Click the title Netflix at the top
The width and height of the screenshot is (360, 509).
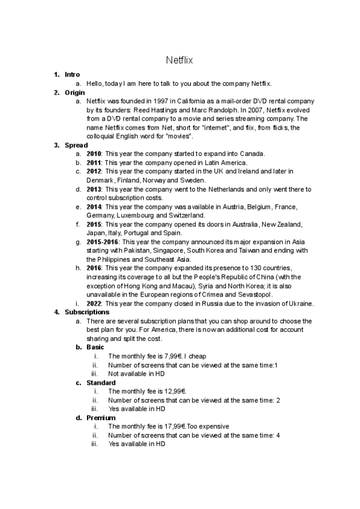click(179, 60)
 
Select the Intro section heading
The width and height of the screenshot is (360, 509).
click(72, 75)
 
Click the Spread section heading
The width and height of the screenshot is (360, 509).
click(76, 145)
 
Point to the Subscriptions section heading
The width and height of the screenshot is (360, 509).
click(87, 312)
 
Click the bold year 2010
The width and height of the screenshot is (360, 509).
click(94, 154)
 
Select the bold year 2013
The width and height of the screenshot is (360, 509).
click(94, 189)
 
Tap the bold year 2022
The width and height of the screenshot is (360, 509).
click(94, 304)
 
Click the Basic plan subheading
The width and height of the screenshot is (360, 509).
click(95, 348)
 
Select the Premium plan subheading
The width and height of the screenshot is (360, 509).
click(100, 418)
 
